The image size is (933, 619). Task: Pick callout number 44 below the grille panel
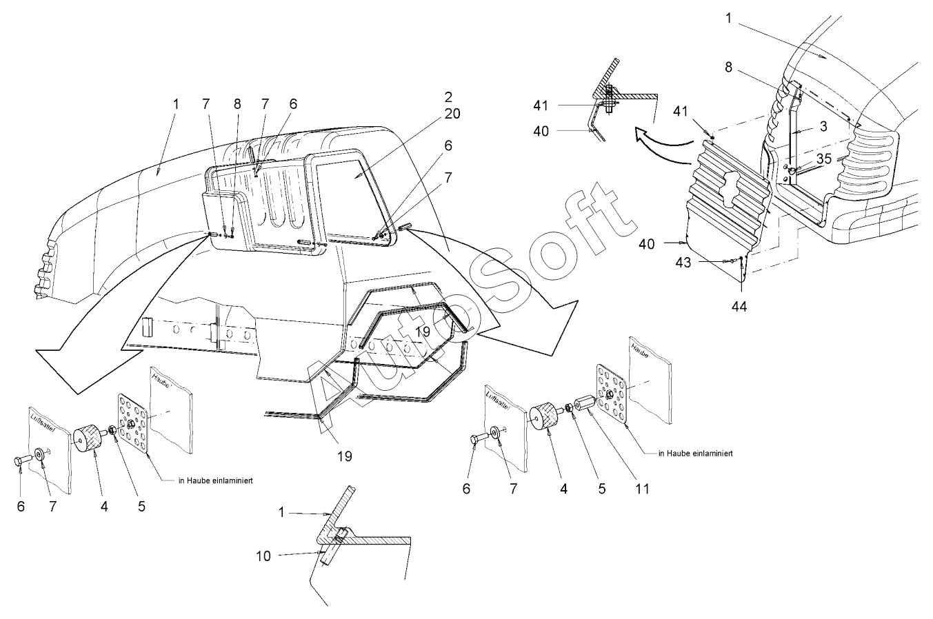[x=739, y=305]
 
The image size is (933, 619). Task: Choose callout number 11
[x=643, y=489]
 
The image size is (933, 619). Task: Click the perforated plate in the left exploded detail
[x=130, y=418]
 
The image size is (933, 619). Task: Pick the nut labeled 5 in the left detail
[x=112, y=432]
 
